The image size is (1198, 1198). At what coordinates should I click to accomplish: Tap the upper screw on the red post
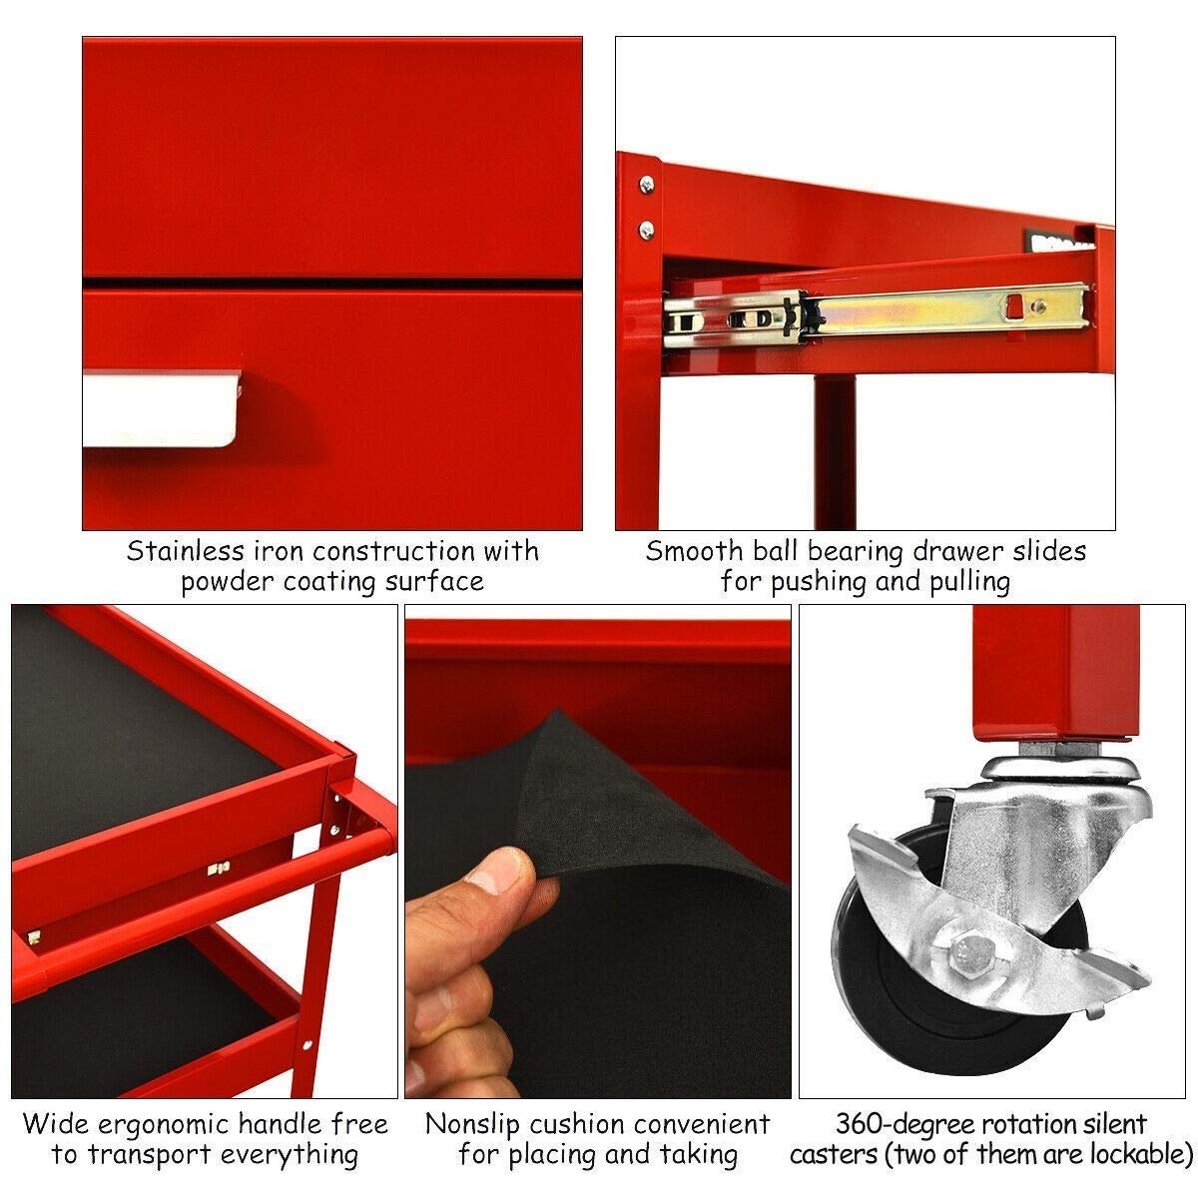pos(647,184)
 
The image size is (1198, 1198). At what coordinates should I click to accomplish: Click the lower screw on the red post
pos(647,230)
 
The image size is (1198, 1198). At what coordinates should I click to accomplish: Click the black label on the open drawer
pos(1056,243)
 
